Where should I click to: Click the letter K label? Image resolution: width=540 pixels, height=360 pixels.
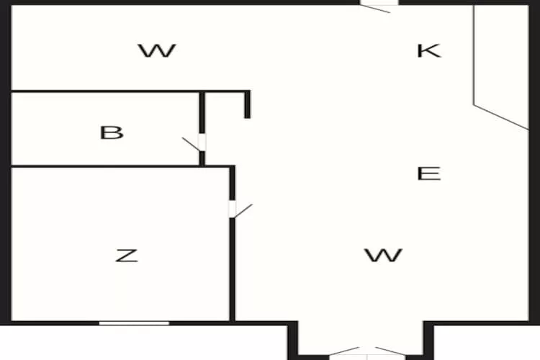tap(429, 50)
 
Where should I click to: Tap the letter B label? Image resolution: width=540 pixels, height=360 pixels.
tap(112, 132)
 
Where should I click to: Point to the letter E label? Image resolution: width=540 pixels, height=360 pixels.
tap(429, 174)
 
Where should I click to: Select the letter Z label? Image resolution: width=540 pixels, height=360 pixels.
tap(127, 256)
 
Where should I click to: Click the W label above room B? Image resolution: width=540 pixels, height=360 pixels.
tap(158, 50)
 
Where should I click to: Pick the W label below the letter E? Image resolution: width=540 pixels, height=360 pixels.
tap(383, 256)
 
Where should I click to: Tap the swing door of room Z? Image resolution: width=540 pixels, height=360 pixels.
tap(240, 210)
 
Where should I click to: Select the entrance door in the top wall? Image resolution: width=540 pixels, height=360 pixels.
tap(379, 6)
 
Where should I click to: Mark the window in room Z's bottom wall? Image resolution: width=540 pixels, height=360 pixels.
tap(135, 323)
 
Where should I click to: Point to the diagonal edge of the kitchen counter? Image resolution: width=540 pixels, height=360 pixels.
tap(501, 117)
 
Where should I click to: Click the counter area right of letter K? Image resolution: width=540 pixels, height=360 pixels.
tap(501, 62)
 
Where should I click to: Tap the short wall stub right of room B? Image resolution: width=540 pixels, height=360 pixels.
tap(247, 104)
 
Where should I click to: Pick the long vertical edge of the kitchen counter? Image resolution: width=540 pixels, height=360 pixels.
tap(474, 55)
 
